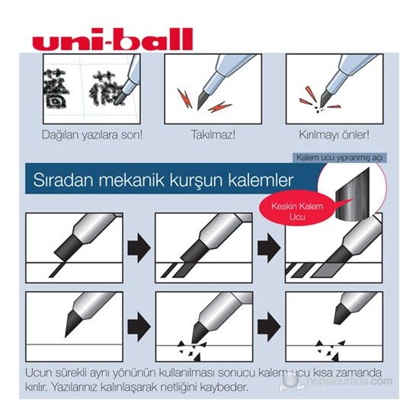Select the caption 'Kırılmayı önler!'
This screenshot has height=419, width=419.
(x=334, y=136)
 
